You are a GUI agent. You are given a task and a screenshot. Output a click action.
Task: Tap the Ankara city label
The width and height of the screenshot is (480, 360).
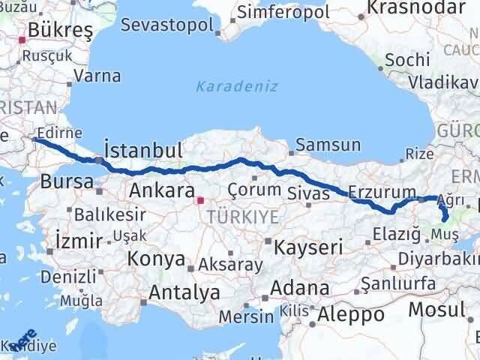point(162,190)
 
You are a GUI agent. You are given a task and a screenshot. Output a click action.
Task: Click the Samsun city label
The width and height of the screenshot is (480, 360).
point(328,145)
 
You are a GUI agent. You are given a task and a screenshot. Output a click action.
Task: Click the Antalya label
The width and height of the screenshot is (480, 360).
point(184,292)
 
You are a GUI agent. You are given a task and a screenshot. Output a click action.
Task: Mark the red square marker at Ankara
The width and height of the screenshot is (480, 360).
point(200,200)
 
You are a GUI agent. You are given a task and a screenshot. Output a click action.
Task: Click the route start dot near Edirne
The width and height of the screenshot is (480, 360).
point(35,140)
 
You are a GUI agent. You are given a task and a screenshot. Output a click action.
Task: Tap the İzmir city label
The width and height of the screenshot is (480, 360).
point(78,241)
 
